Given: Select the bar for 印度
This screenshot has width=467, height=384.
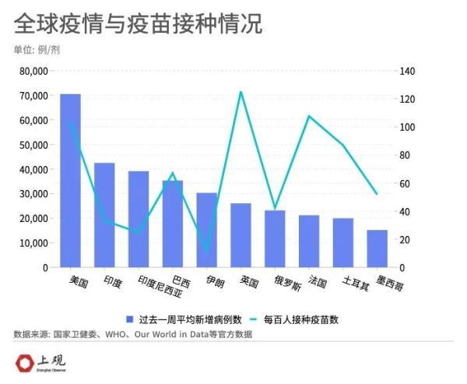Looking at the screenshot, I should coord(104,215).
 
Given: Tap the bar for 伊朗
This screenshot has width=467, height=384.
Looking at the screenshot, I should coord(207,230).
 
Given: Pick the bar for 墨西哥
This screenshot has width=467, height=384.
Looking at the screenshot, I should coord(377,248).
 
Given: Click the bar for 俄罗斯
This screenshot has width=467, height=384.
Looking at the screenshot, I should coord(275,238).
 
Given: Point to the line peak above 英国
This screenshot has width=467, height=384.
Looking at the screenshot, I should coord(241,92).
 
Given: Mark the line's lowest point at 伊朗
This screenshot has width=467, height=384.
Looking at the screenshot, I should coord(207,252).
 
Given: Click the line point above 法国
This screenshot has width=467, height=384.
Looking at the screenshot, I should coord(309,116).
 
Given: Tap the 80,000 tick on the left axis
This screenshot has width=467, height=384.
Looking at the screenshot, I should coord(34,71).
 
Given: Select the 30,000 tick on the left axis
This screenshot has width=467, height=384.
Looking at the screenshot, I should coord(34,194).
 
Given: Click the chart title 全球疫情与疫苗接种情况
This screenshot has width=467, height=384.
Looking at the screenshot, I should coord(138,24).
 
